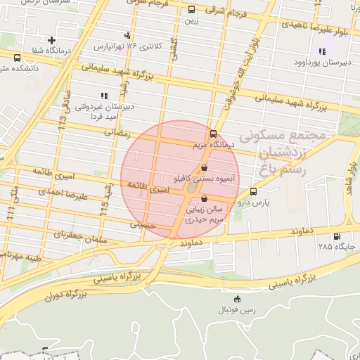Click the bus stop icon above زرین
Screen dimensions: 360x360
pyautogui.click(x=192, y=10)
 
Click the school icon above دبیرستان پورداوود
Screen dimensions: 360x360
pyautogui.click(x=322, y=51)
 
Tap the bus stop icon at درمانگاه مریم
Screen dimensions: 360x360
pyautogui.click(x=212, y=134)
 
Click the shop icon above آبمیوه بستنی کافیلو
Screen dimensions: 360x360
pyautogui.click(x=204, y=168)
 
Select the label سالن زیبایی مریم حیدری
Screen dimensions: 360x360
pyautogui.click(x=205, y=214)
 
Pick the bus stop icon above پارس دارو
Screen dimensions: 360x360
pyautogui.click(x=253, y=191)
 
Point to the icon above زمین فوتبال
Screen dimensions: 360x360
pyautogui.click(x=236, y=298)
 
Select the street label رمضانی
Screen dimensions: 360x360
pyautogui.click(x=118, y=131)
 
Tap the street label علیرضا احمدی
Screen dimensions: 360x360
pyautogui.click(x=63, y=194)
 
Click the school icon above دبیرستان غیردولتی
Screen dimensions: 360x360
pyautogui.click(x=104, y=95)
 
